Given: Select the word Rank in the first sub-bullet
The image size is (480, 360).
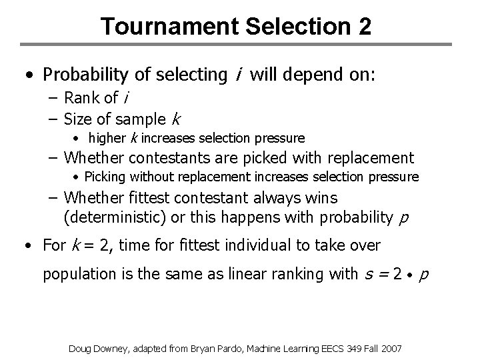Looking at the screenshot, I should coord(83,98).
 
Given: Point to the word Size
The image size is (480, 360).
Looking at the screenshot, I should coord(80,119).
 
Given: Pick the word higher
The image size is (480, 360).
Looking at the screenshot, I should coord(106,139).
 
